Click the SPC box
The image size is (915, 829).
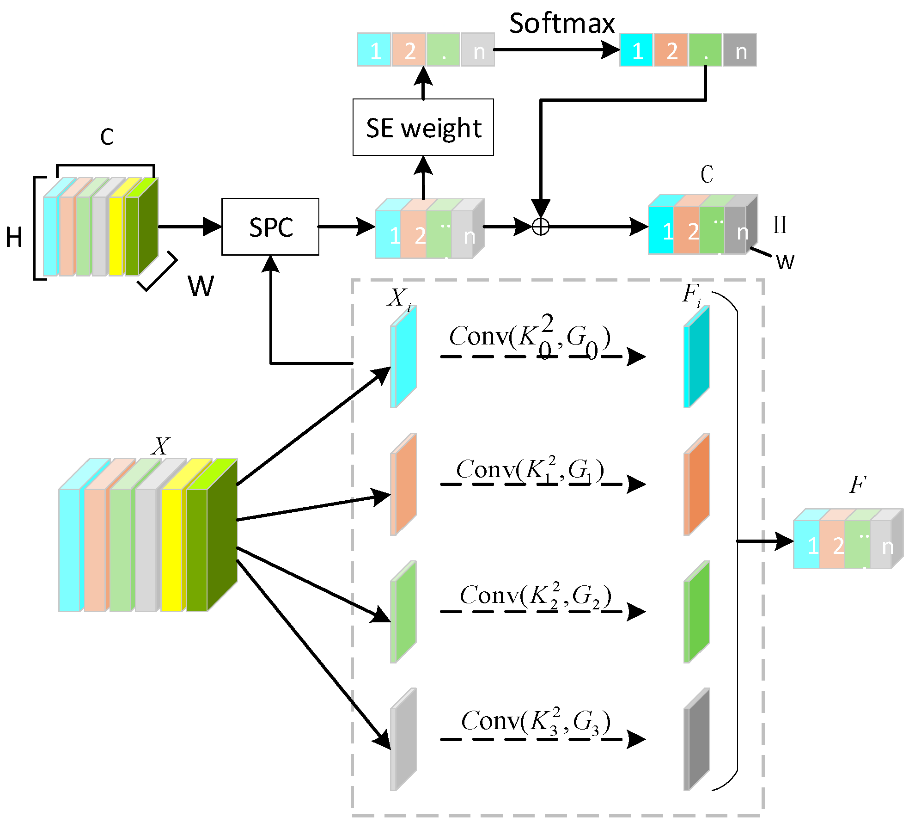point(270,227)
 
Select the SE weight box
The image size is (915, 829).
point(423,127)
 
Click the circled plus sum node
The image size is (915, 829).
point(540,227)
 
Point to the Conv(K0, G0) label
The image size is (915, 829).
point(530,337)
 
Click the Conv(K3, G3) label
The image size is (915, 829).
point(536,721)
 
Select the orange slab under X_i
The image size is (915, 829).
point(403,484)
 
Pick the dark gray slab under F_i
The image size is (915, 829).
point(697,739)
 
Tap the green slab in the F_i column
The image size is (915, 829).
point(697,612)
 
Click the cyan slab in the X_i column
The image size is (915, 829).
point(403,356)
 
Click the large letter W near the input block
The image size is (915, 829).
point(201,286)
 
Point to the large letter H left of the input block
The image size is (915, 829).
point(14,237)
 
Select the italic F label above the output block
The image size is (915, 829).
point(857,485)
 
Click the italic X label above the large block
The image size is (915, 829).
point(160,447)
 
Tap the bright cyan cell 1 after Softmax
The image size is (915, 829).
point(636,50)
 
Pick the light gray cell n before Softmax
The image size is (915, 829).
point(478,50)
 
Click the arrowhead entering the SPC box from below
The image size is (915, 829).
point(270,264)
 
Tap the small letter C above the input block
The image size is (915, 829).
point(107,137)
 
